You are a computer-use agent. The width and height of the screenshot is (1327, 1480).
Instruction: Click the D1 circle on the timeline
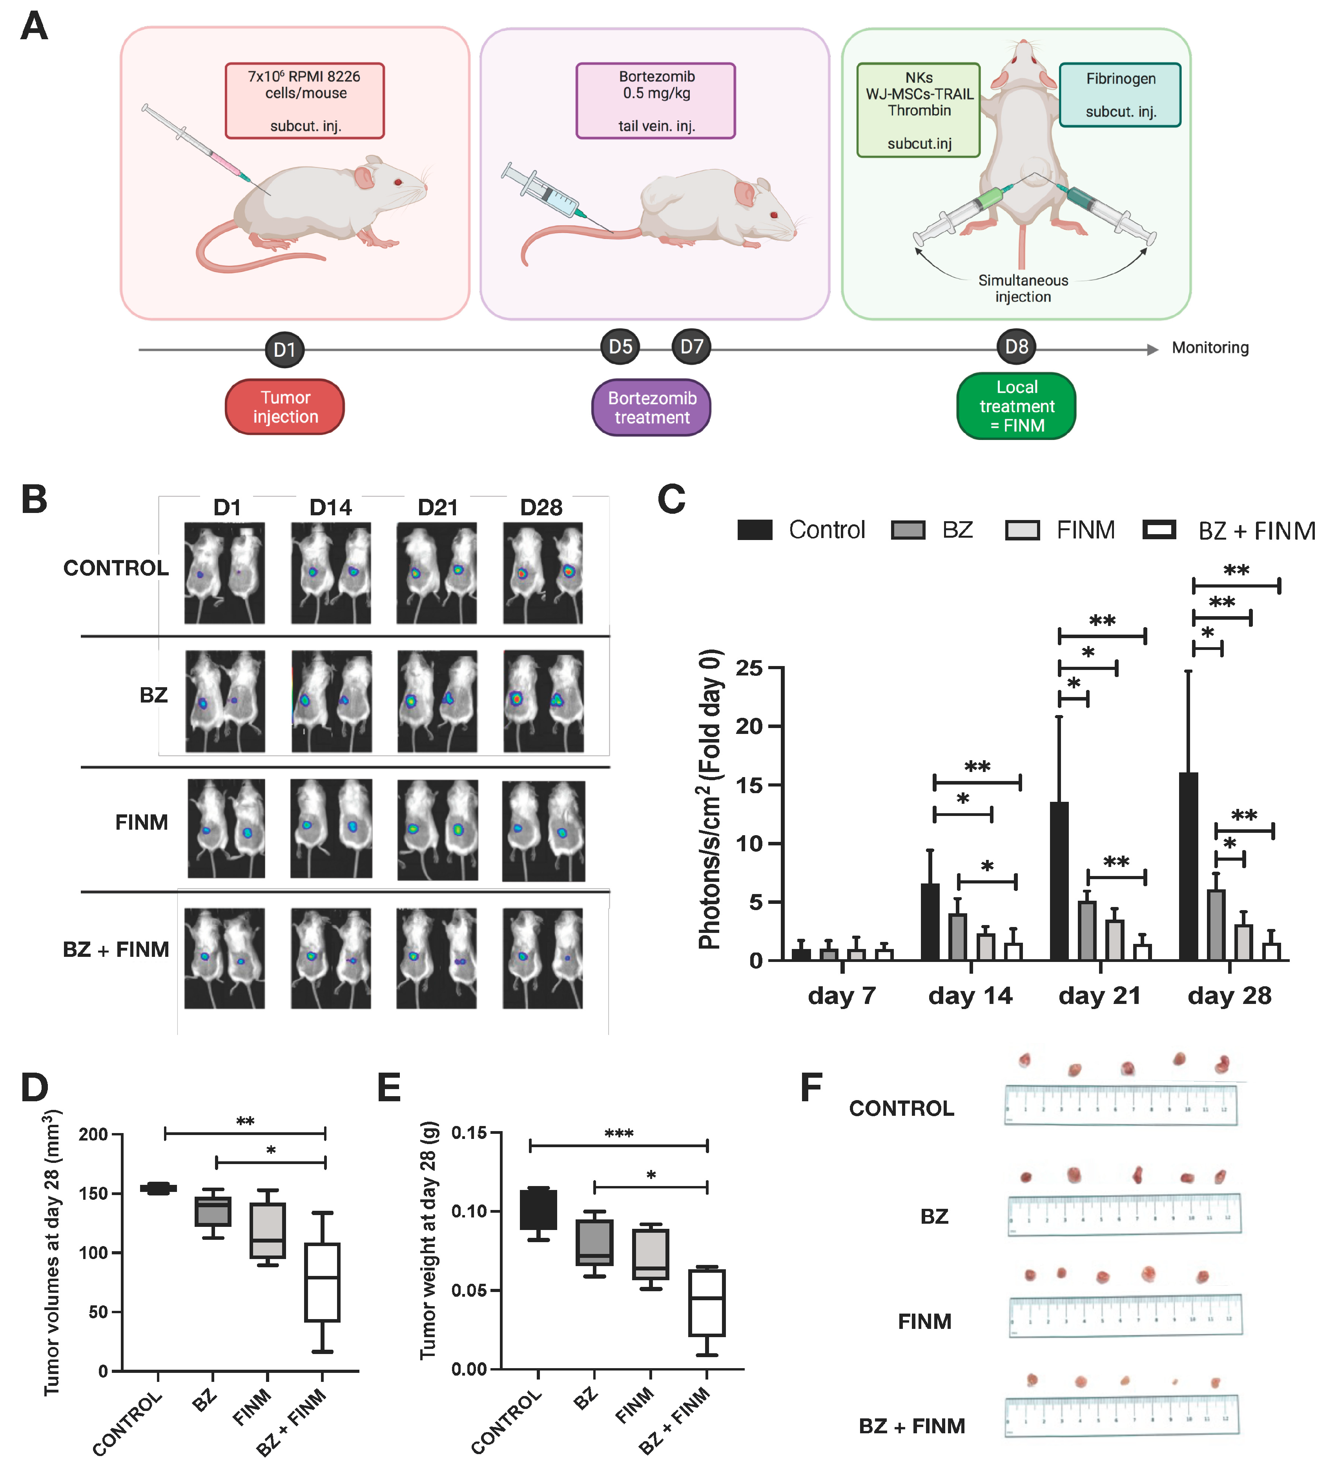[284, 349]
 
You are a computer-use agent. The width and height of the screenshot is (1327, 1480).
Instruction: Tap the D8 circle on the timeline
[1016, 347]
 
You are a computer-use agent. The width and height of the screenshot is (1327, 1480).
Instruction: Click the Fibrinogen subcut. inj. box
[1120, 95]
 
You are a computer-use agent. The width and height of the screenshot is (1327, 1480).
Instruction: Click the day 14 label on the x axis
[970, 996]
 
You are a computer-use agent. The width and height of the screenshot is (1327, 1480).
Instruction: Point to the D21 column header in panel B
[437, 508]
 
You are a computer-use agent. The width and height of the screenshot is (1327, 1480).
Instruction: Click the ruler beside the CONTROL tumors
[1121, 1105]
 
